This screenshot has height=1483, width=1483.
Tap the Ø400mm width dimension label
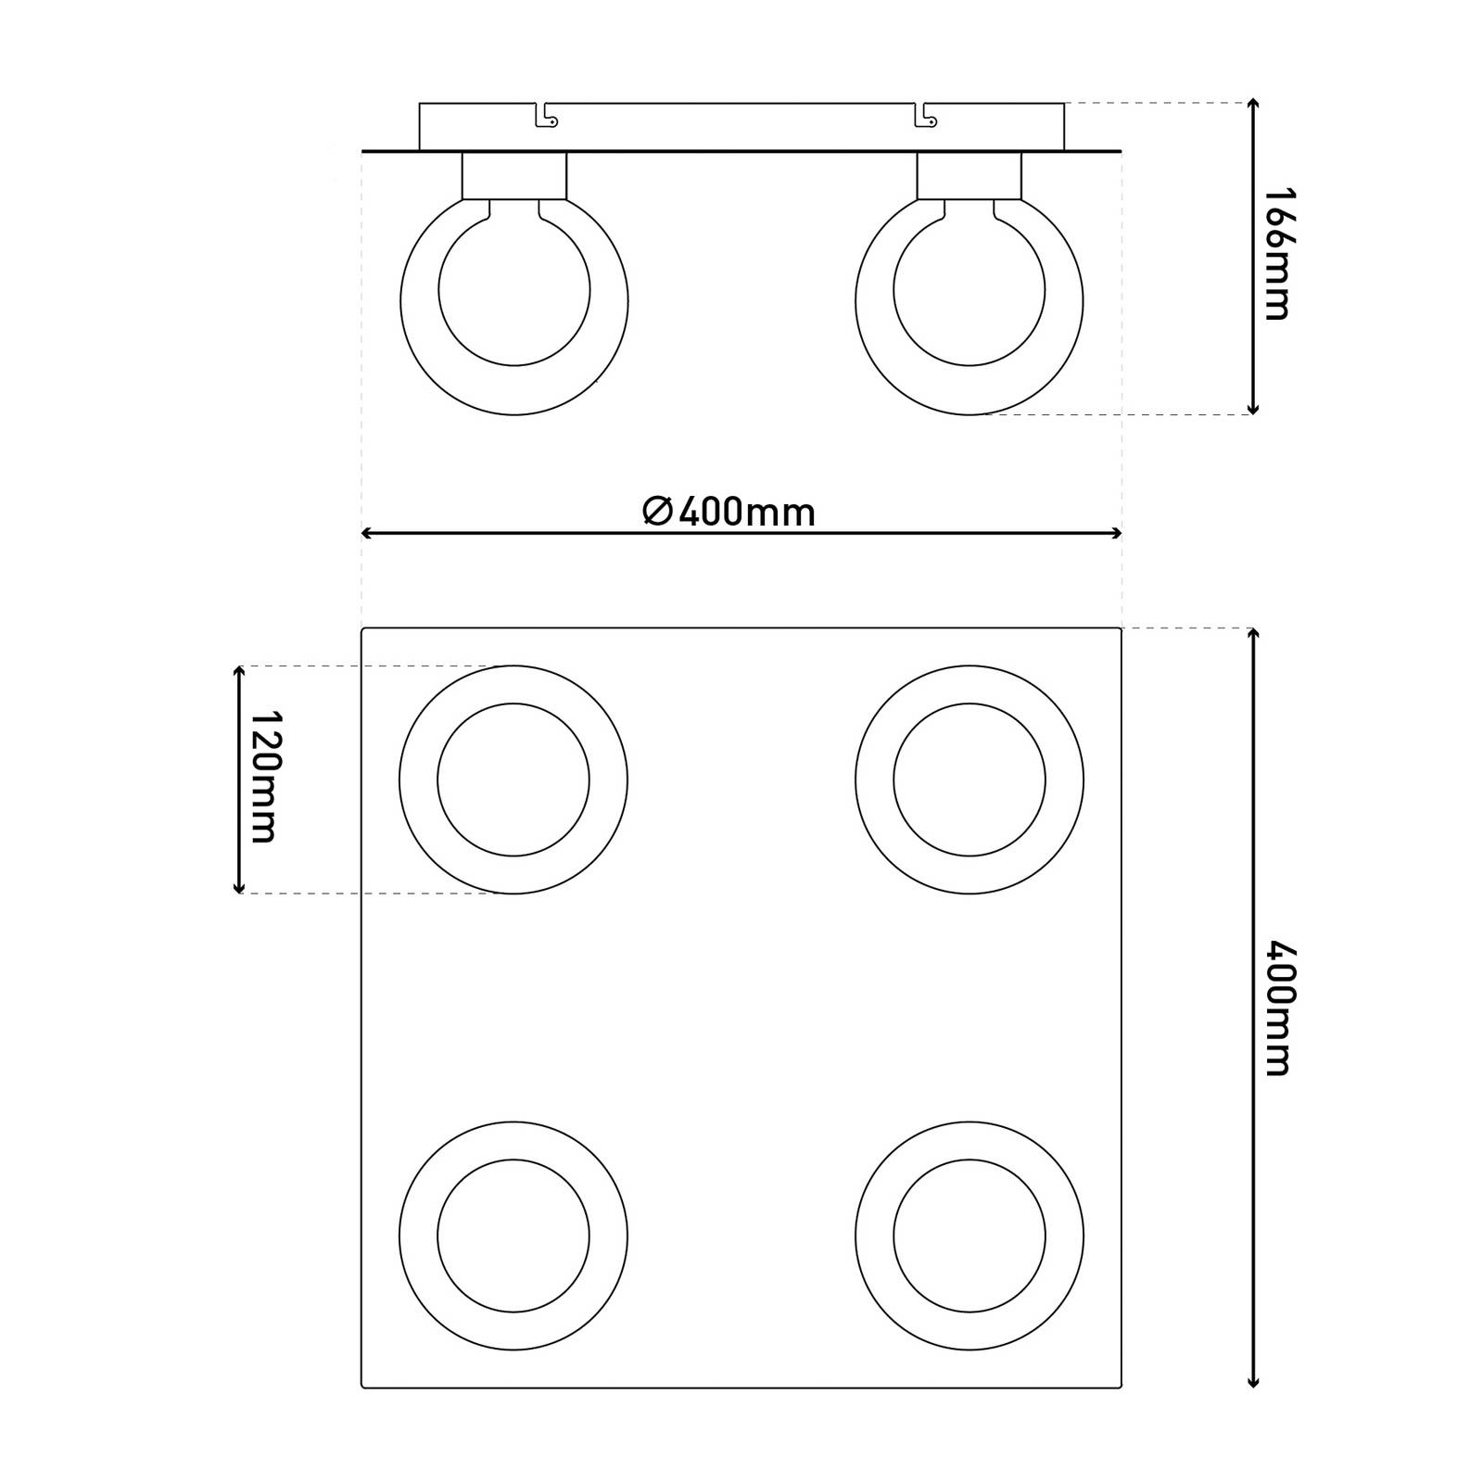(x=729, y=512)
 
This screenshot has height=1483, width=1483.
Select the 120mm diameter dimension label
(x=264, y=778)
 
